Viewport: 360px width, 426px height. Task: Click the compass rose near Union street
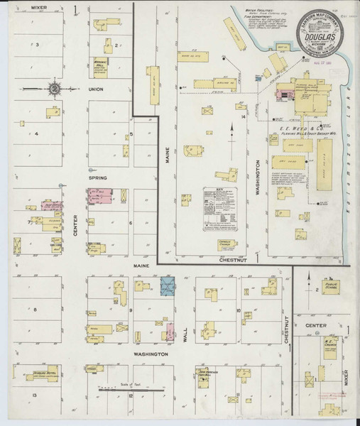click(55, 89)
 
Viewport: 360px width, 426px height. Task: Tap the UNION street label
click(97, 90)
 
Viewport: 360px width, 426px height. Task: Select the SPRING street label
click(97, 180)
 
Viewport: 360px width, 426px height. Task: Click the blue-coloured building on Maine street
click(168, 287)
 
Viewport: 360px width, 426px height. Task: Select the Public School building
click(329, 287)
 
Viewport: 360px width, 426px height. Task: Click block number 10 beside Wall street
click(239, 310)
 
